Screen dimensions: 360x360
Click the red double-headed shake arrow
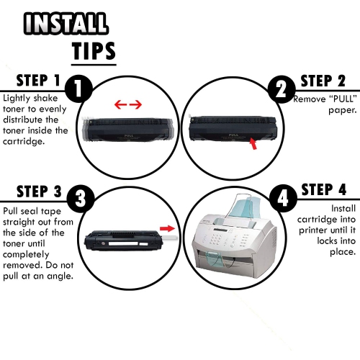coord(128,105)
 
